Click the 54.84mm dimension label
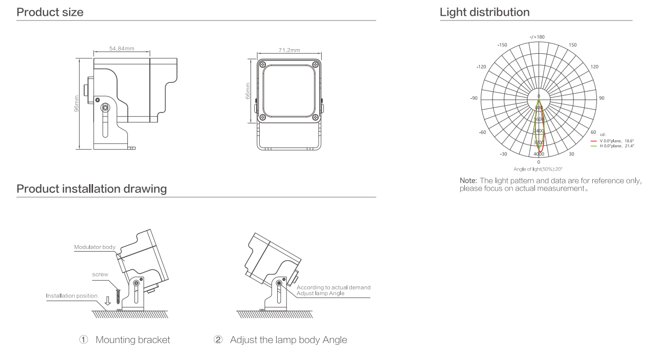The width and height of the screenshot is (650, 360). pos(122,49)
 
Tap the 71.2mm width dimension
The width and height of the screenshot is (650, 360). pos(289,50)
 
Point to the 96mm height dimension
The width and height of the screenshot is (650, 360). pos(77,104)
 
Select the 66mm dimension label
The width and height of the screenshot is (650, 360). pos(249,92)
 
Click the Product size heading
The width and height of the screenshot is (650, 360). pos(50,12)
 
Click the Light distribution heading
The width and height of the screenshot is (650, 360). pos(484,12)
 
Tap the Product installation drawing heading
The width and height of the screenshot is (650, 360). pos(92,189)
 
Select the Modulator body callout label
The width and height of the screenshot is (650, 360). pos(95,247)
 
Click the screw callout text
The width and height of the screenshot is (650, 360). pos(100,275)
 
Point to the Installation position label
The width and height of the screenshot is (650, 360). pos(72,296)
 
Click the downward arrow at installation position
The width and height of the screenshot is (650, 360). pos(107,301)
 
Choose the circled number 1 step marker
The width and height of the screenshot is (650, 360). pos(84,340)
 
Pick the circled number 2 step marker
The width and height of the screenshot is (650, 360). pos(218,340)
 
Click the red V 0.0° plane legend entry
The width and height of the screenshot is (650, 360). pos(612,141)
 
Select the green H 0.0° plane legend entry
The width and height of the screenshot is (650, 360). pos(612,146)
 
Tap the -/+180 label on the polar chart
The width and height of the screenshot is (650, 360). pos(537,37)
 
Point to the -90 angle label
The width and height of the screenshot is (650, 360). pos(474,98)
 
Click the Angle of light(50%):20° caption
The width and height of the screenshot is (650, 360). pos(538,169)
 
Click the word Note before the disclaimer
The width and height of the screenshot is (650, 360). pos(468,181)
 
